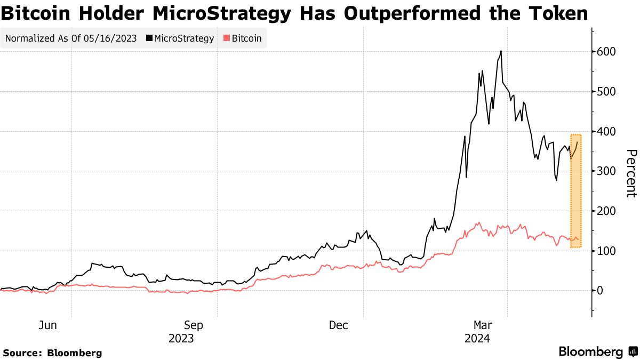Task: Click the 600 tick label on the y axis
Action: [607, 52]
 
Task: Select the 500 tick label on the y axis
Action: [607, 92]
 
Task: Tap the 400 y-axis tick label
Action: [607, 131]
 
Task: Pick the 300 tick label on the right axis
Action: [607, 171]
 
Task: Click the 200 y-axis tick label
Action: [607, 211]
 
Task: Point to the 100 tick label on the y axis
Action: [607, 251]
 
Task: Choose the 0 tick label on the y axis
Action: [601, 291]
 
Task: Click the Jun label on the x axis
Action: [47, 325]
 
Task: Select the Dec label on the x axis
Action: [339, 325]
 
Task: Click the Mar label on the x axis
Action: [483, 325]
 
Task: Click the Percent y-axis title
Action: [631, 173]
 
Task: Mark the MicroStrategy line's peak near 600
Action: [501, 51]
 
